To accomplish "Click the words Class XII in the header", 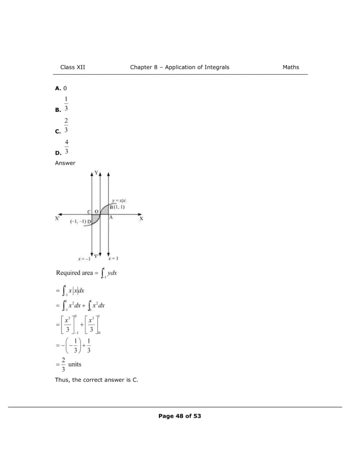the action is [72, 67].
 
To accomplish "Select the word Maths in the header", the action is [291, 67].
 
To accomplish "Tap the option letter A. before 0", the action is [58, 88].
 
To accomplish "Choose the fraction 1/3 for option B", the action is [66, 104].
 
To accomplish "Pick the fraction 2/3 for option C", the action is [66, 126].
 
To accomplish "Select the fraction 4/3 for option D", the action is [66, 147].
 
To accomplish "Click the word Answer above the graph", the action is [65, 163].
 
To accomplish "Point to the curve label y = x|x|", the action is [119, 201].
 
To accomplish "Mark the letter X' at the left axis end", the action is [58, 218].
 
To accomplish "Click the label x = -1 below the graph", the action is [84, 258].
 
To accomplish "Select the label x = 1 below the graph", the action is [113, 258].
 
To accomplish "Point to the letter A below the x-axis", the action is [111, 218].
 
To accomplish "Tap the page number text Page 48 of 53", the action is [180, 416].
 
